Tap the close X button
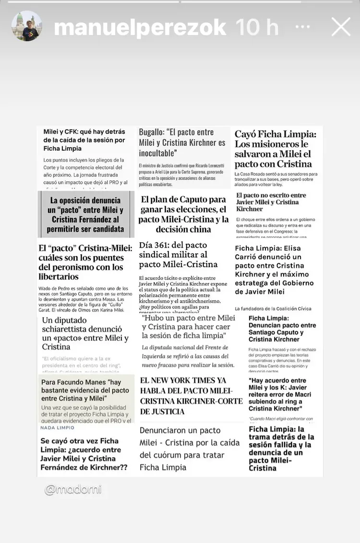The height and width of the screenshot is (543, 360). (x=341, y=27)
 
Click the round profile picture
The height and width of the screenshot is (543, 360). (x=27, y=26)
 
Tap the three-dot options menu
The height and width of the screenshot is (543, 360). (x=303, y=27)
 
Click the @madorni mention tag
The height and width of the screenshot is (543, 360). (x=73, y=490)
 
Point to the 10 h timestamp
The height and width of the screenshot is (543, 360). (x=257, y=28)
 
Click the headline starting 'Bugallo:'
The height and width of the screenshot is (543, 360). (x=182, y=142)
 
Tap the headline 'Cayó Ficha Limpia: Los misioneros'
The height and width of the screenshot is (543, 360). (x=273, y=149)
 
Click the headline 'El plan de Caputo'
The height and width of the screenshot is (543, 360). (x=183, y=214)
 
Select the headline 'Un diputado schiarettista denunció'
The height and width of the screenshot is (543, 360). (x=85, y=333)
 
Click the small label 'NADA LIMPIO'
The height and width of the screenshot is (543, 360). (x=57, y=427)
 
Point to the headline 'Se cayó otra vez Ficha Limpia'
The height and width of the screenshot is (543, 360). (x=84, y=454)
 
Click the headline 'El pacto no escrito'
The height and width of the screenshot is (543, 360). (x=271, y=202)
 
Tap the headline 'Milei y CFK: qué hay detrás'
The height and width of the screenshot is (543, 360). (x=84, y=140)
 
